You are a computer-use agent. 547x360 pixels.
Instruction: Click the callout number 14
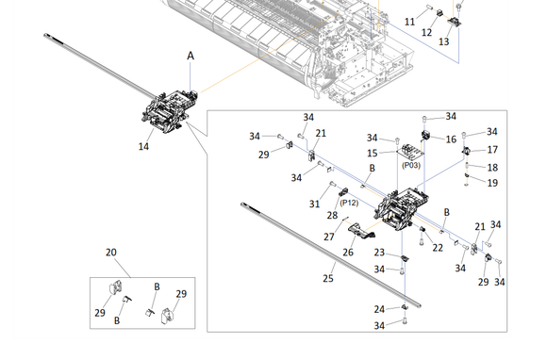point(143,146)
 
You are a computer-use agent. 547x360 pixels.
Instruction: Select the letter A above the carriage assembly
point(191,56)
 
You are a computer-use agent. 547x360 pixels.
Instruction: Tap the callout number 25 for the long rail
point(328,278)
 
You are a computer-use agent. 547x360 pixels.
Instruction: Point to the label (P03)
point(411,165)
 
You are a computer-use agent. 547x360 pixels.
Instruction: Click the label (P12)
point(349,203)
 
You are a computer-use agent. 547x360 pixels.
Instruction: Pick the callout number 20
point(111,253)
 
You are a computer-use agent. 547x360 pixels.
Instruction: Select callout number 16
point(451,139)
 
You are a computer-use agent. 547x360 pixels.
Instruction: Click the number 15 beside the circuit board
point(373,154)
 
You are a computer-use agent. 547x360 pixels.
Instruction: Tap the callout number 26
point(348,253)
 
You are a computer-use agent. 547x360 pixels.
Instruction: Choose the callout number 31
point(314,205)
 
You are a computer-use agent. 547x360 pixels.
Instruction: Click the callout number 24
point(379,309)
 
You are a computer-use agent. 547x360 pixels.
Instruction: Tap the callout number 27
point(328,237)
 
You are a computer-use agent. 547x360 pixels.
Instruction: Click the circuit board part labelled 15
point(411,151)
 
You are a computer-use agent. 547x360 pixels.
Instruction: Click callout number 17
point(492,150)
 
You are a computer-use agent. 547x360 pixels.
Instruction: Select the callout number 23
point(379,253)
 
